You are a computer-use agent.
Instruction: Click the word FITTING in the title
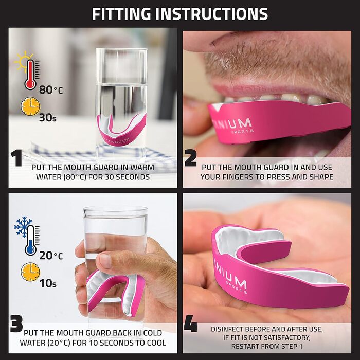click(121, 14)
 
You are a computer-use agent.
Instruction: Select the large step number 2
click(191, 158)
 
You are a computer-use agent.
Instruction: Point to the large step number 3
click(16, 323)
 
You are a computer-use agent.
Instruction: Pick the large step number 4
click(191, 323)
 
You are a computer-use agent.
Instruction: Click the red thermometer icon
click(31, 75)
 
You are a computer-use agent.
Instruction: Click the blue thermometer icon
click(31, 240)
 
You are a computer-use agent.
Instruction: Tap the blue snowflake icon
click(23, 227)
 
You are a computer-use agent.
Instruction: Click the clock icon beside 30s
click(30, 106)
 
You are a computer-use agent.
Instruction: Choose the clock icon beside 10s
click(30, 272)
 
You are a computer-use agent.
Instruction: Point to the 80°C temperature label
click(51, 89)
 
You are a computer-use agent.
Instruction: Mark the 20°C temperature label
click(51, 255)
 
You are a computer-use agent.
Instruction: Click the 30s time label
click(47, 118)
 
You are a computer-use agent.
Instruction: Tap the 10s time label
click(48, 283)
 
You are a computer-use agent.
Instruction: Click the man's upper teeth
click(276, 99)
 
